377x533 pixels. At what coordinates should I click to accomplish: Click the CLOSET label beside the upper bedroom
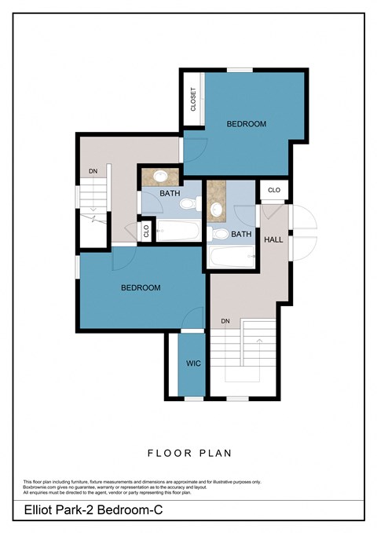(x=193, y=100)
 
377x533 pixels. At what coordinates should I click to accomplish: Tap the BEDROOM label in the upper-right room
(x=246, y=124)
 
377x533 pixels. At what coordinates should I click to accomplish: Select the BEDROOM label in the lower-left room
(x=140, y=288)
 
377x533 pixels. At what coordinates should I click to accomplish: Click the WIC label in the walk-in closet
(x=193, y=363)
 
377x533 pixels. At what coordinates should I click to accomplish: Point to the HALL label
(x=273, y=239)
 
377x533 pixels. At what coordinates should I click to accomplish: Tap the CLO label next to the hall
(x=274, y=190)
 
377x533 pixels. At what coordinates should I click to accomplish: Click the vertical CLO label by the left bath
(x=146, y=231)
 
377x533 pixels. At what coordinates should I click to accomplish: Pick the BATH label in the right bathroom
(x=241, y=233)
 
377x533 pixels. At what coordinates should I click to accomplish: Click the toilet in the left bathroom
(x=187, y=204)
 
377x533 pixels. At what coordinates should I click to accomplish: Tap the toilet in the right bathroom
(x=221, y=233)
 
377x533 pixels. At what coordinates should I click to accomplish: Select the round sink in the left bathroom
(x=160, y=176)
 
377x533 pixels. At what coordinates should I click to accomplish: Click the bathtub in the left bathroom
(x=178, y=231)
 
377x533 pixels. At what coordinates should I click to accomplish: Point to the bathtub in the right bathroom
(x=232, y=256)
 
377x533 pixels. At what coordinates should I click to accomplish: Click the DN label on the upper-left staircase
(x=92, y=170)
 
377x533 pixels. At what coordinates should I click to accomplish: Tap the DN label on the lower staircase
(x=225, y=320)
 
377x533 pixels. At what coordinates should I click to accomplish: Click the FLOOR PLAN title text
(x=188, y=453)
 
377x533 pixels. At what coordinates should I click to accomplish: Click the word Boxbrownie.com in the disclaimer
(x=40, y=487)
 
